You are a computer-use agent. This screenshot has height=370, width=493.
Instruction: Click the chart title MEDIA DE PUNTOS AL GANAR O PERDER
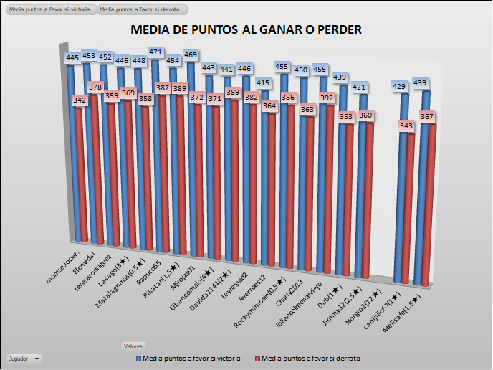(x=246, y=29)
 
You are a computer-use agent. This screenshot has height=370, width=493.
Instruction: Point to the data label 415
(x=264, y=84)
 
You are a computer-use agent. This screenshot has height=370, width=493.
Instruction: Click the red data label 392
(x=327, y=98)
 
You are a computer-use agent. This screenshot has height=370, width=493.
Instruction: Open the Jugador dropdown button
(x=24, y=358)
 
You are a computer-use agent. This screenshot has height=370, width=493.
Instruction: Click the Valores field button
(x=134, y=346)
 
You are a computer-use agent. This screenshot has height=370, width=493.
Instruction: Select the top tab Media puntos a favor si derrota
(x=143, y=10)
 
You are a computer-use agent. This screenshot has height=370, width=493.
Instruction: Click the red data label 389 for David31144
(x=231, y=92)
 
